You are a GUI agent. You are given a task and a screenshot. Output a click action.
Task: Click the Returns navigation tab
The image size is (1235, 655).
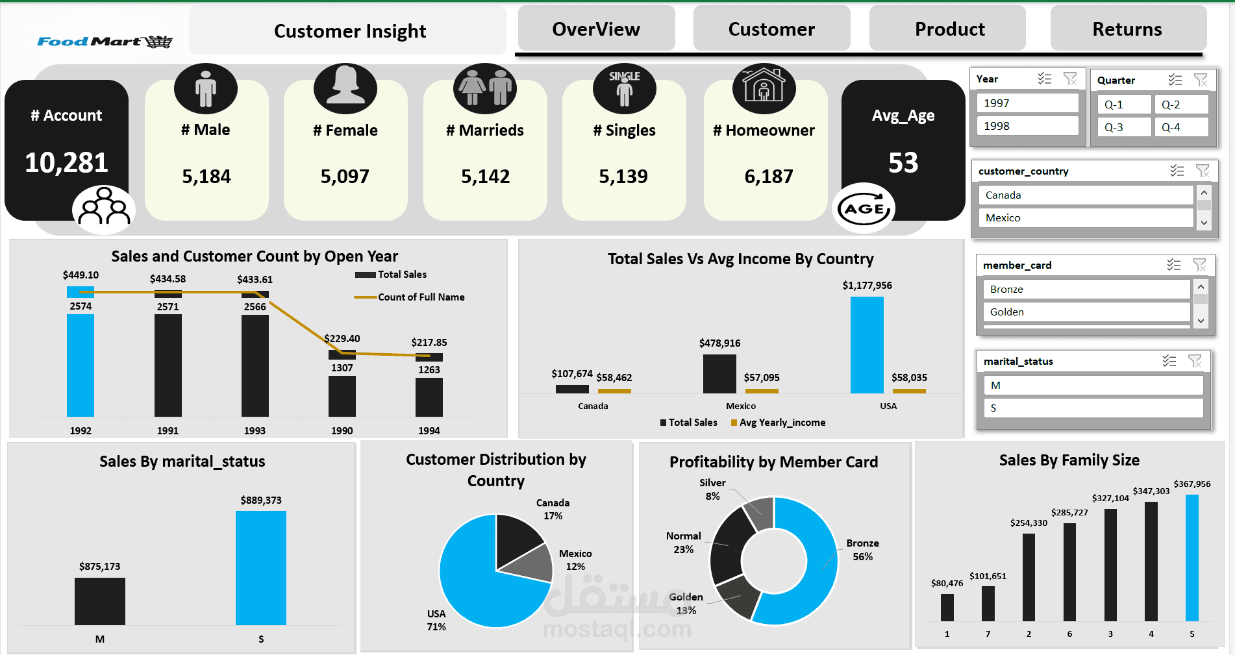[x=1128, y=29]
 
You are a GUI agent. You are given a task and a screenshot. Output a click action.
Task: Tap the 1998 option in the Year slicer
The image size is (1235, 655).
[x=1027, y=126]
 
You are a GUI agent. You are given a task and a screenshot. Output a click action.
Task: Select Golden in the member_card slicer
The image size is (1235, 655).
[x=1086, y=312]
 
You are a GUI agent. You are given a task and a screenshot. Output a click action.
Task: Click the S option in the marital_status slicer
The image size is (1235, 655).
[x=1093, y=408]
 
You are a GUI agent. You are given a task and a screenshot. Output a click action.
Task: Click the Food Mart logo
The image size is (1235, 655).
[x=105, y=42]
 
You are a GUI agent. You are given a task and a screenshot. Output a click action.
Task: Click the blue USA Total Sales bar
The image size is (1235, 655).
[x=867, y=345]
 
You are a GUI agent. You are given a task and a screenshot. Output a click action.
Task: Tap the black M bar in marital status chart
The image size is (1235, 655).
[x=100, y=601]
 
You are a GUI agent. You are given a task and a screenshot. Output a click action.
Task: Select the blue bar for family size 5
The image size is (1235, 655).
[x=1192, y=558]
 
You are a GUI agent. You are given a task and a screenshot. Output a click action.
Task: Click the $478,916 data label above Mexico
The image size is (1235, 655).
[x=719, y=343]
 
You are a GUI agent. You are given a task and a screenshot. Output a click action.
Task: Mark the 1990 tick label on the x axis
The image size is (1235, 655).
[x=342, y=431]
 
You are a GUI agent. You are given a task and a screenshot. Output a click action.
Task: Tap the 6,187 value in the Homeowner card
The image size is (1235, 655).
[x=769, y=177]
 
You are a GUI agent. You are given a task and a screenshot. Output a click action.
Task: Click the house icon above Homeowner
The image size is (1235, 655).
[x=764, y=88]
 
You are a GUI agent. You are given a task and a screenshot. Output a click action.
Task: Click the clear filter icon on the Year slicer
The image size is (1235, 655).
[x=1070, y=79]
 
